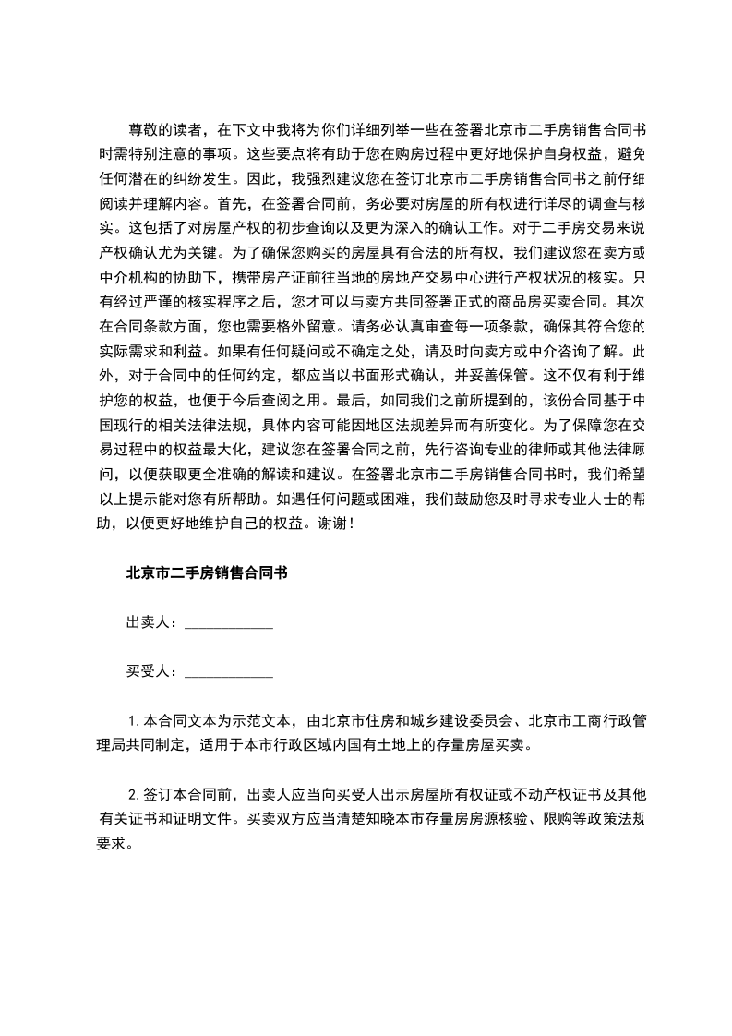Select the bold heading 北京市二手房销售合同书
tap(207, 572)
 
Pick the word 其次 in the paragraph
tap(630, 301)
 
